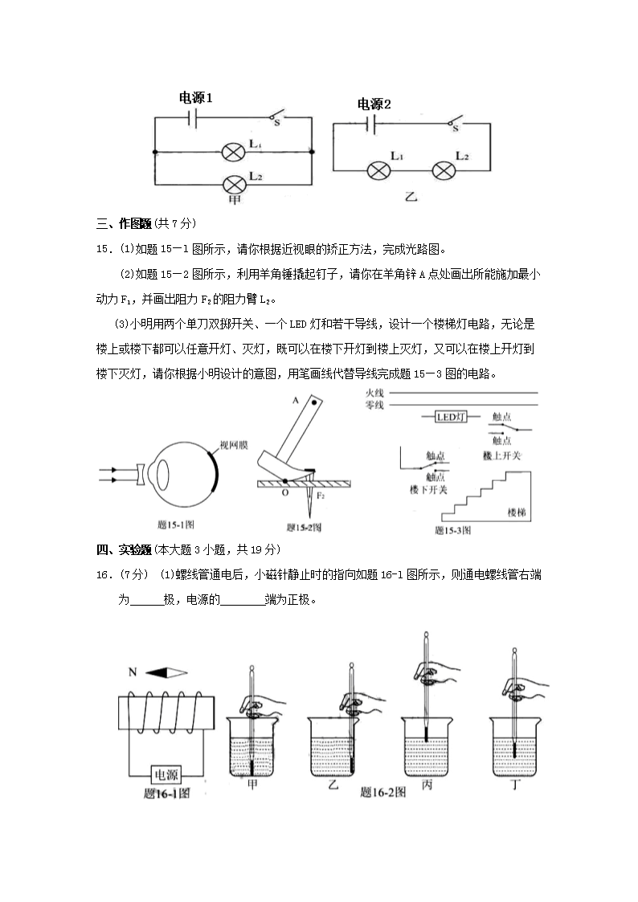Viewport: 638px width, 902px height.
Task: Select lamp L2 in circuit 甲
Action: [x=234, y=183]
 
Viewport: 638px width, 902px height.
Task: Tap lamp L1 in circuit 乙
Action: [x=379, y=170]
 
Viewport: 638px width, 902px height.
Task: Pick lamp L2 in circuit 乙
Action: [x=444, y=170]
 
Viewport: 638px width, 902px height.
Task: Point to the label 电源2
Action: [x=374, y=104]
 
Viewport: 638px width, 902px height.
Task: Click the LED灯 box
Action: [x=450, y=417]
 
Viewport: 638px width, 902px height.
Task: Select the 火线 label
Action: [x=374, y=393]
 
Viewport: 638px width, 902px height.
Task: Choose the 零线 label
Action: [x=374, y=405]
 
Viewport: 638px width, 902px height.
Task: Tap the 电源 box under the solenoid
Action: [x=167, y=775]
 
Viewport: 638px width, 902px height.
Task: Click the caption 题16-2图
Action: [x=382, y=793]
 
